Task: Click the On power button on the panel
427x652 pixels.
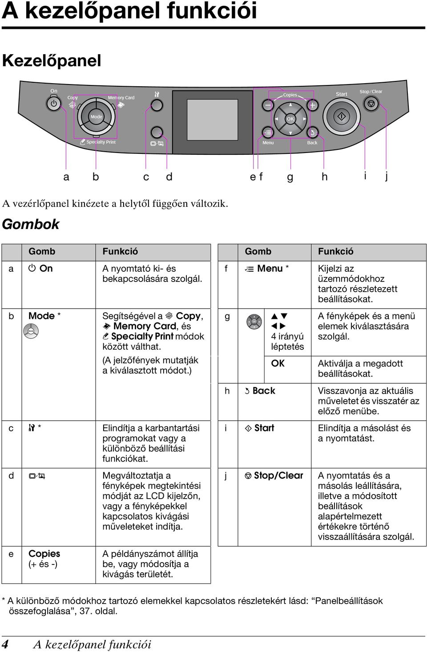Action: pyautogui.click(x=53, y=104)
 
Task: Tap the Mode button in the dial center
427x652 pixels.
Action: pyautogui.click(x=97, y=117)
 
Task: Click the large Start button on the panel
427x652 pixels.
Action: pyautogui.click(x=342, y=117)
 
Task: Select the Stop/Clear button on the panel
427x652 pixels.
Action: pyautogui.click(x=371, y=103)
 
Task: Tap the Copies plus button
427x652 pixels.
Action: pyautogui.click(x=312, y=105)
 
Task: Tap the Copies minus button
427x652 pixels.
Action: pyautogui.click(x=268, y=105)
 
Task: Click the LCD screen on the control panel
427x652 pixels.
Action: pyautogui.click(x=212, y=120)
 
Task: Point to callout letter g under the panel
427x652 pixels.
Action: pyautogui.click(x=290, y=177)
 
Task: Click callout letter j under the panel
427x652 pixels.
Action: pyautogui.click(x=386, y=176)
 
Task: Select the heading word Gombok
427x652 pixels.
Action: pyautogui.click(x=31, y=225)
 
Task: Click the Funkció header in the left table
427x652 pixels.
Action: pyautogui.click(x=120, y=251)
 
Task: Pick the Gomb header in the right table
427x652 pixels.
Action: pyautogui.click(x=258, y=251)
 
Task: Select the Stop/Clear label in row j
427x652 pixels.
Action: pyautogui.click(x=278, y=475)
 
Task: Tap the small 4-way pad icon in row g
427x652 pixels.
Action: pyautogui.click(x=254, y=322)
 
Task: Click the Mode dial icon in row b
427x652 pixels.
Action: pyautogui.click(x=31, y=331)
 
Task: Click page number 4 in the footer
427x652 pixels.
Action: pyautogui.click(x=5, y=644)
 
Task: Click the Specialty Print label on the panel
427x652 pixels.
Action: pyautogui.click(x=101, y=142)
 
